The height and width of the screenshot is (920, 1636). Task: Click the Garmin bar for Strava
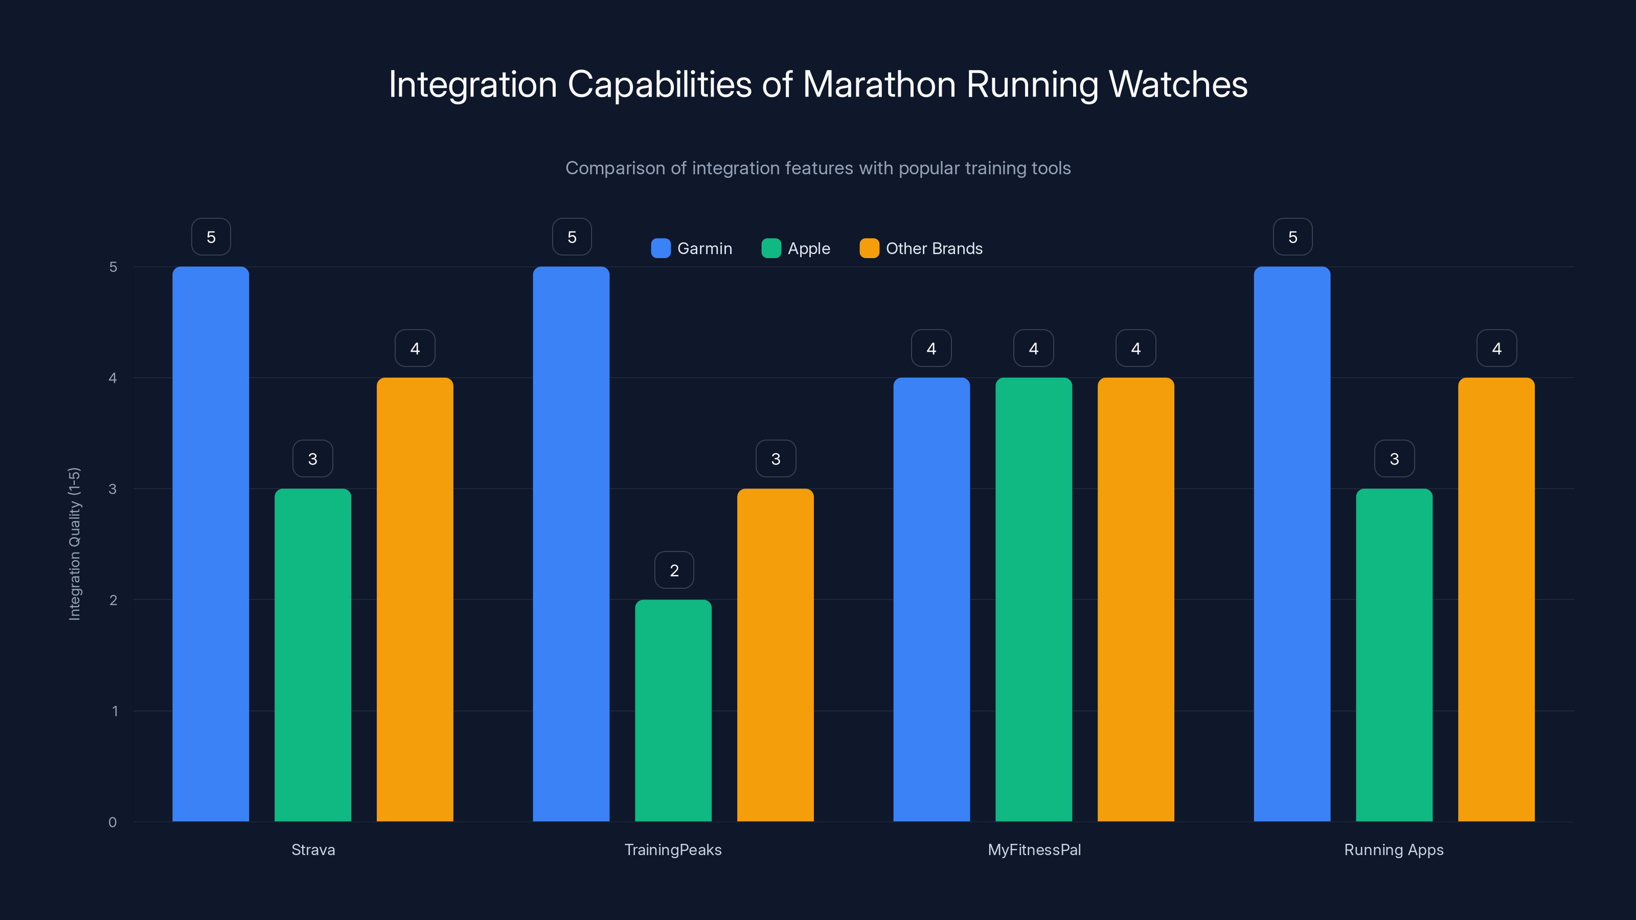(x=210, y=543)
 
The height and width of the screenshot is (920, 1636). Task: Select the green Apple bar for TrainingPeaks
(x=673, y=710)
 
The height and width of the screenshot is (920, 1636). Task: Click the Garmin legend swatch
(x=661, y=248)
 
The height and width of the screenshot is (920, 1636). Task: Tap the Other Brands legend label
(x=934, y=248)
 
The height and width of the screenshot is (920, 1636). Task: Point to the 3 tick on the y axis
(x=112, y=489)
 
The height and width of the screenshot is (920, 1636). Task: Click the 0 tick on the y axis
(x=112, y=822)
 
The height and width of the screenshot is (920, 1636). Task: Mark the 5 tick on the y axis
(x=113, y=267)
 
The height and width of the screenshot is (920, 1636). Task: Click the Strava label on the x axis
(x=313, y=849)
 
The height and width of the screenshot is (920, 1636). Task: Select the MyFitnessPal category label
(x=1034, y=849)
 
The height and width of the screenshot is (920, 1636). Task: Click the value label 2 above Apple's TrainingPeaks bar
(x=674, y=570)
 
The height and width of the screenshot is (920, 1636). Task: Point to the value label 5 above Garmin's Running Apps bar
(x=1292, y=237)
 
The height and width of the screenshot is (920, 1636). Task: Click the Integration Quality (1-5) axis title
(x=74, y=543)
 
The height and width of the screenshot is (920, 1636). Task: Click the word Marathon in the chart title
(x=879, y=84)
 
